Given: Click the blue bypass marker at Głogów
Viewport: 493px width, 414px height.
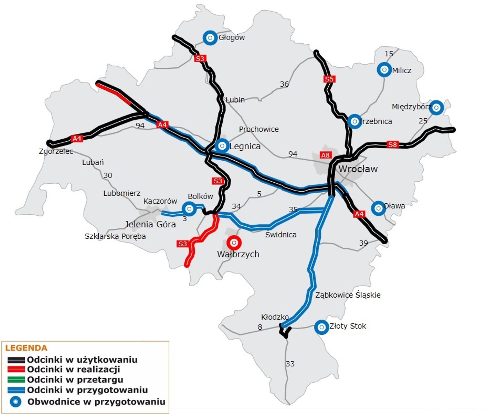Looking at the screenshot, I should coord(210,38).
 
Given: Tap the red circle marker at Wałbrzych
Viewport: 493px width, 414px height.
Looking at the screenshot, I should coord(234,243).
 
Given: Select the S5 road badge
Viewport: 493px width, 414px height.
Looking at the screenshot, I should coord(329,79).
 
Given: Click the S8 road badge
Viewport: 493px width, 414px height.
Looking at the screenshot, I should coord(392,144).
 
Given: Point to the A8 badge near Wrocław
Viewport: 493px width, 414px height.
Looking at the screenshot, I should coord(325,155).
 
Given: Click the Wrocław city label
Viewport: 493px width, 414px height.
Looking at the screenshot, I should coord(358,169).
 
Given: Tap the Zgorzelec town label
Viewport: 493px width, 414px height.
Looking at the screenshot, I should coord(56,151).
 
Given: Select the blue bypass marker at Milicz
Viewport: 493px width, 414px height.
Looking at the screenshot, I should coord(384,70).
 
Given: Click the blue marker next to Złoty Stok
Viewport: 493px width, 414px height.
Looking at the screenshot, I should coord(321,327).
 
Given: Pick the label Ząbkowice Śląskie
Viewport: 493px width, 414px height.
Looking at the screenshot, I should coord(347,295).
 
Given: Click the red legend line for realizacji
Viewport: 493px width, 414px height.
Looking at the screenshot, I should coord(16,369).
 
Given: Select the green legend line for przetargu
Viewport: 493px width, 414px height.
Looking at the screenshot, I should coord(16,379).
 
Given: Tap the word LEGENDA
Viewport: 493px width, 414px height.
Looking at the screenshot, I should coord(26,348).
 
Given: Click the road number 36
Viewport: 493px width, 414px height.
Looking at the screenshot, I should coord(284,84).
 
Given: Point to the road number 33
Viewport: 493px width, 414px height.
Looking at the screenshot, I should coord(290,364).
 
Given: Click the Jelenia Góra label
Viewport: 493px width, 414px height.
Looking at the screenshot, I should coord(150,224).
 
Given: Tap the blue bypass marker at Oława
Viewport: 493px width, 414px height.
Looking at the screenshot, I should coord(378,208).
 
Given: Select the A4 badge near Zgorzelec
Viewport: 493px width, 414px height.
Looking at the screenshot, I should coord(77,138).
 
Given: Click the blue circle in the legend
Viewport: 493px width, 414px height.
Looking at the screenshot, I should coord(15,402).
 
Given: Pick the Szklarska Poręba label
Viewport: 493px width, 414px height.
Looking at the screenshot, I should coord(115,236).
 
